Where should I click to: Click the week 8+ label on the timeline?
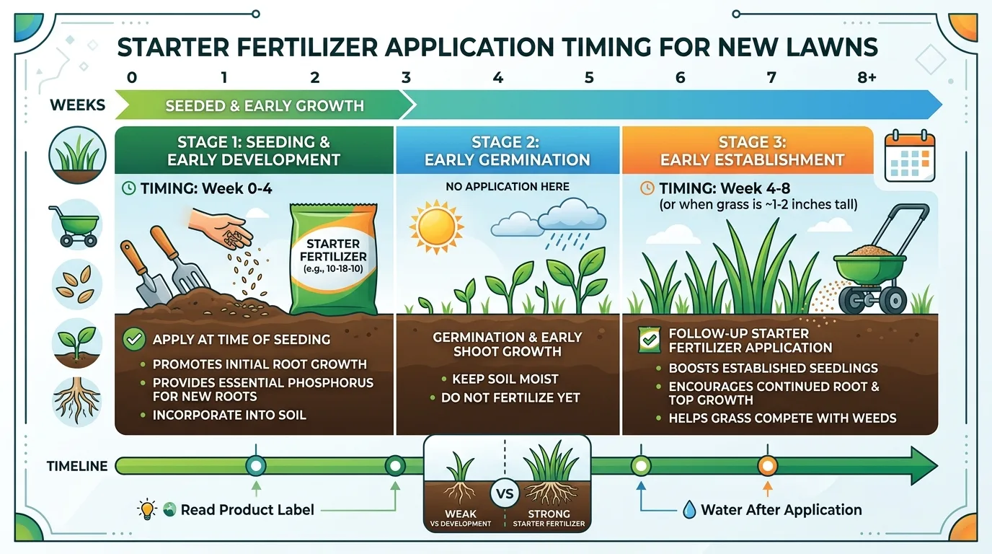tap(867, 77)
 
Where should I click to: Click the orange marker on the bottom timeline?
tap(767, 466)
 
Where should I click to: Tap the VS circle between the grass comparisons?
tap(507, 494)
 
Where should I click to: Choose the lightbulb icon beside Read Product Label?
tap(147, 510)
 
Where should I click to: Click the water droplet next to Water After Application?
tap(689, 510)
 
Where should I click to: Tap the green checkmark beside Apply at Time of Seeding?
tap(134, 339)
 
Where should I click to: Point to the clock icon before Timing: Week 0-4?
tap(128, 188)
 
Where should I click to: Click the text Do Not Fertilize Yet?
tap(510, 397)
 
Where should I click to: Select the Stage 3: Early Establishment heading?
tap(753, 151)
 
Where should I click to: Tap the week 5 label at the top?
tap(589, 77)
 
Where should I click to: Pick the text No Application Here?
tap(507, 187)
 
